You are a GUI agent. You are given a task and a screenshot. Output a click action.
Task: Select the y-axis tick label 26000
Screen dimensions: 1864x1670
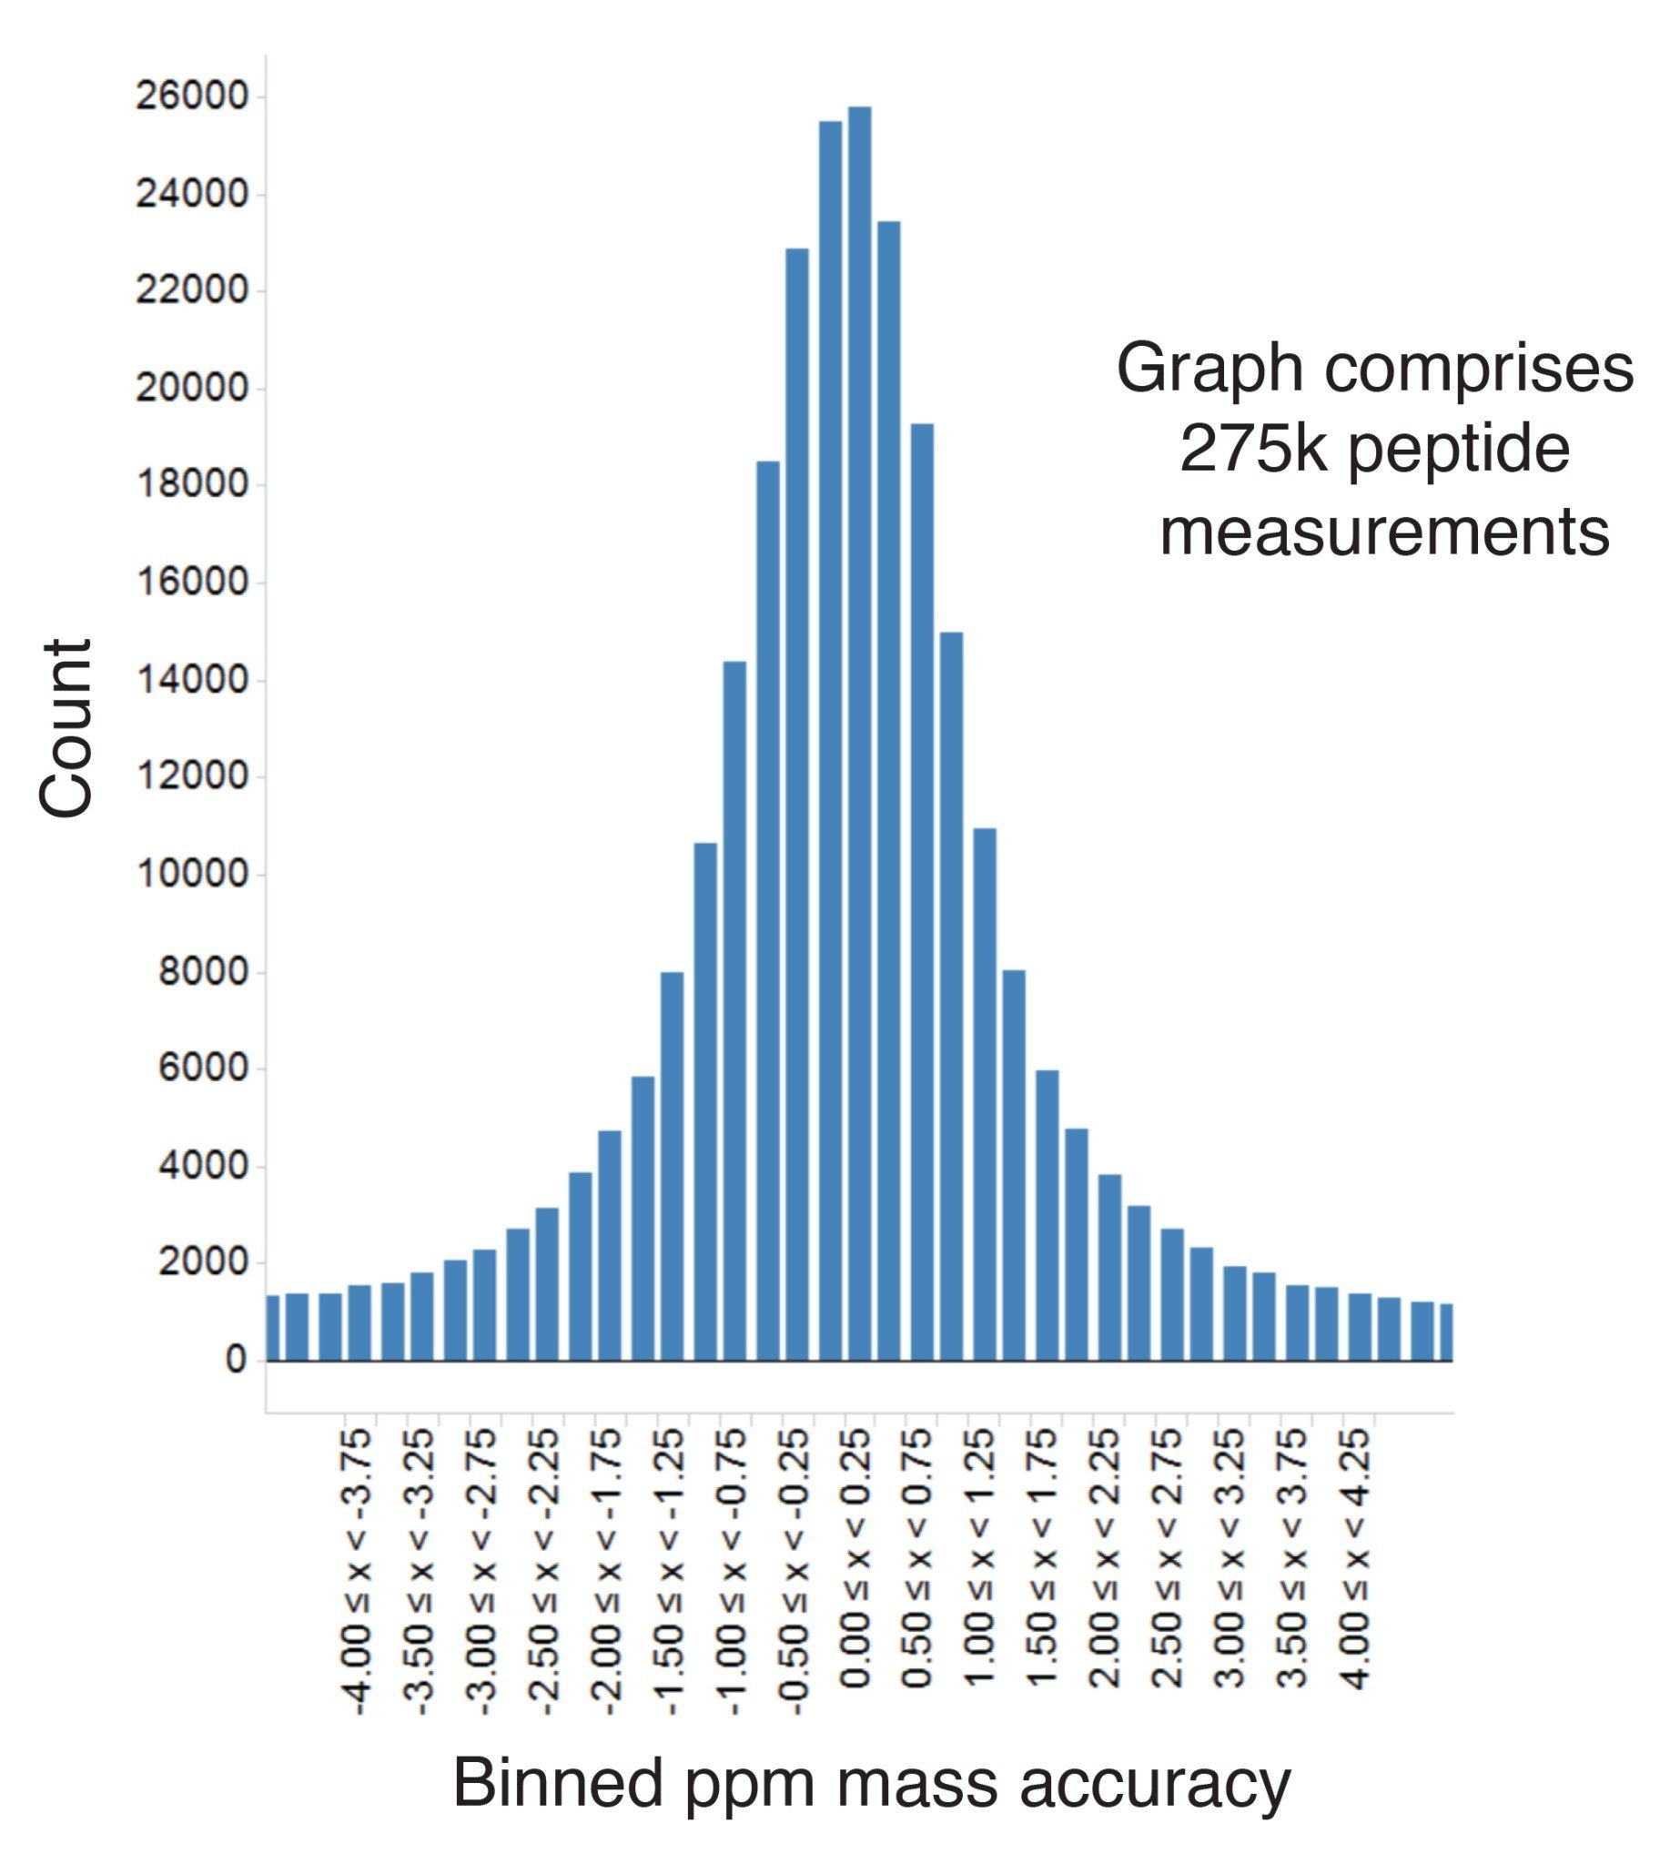192,96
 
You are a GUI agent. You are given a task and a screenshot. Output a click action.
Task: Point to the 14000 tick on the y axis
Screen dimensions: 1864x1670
192,680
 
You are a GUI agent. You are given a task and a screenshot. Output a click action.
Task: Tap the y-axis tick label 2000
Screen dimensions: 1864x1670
203,1264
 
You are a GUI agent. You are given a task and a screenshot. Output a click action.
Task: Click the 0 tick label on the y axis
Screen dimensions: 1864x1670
235,1360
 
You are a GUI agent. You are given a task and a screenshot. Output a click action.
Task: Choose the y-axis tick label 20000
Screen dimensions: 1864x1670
192,389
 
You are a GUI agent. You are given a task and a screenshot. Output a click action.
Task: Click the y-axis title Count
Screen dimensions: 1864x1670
66,728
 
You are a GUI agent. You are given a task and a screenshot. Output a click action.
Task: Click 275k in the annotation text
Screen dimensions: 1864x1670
1252,450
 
